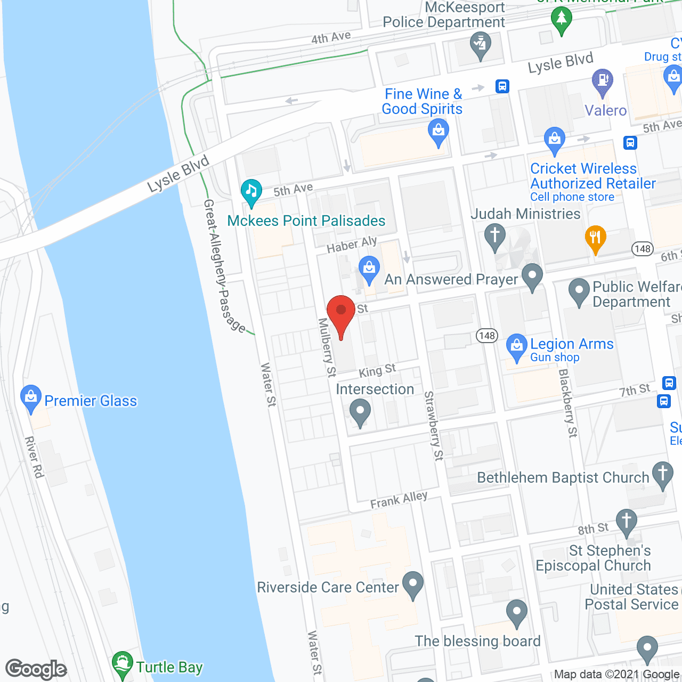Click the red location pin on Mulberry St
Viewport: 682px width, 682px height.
point(341,314)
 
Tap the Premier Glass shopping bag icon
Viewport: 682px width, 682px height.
point(31,398)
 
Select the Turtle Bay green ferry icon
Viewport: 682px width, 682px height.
point(123,664)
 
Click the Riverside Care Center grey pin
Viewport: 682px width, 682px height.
point(413,584)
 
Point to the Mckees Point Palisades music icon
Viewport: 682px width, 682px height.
point(251,192)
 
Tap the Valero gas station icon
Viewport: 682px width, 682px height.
point(603,82)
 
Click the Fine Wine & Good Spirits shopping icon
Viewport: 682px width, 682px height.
point(439,132)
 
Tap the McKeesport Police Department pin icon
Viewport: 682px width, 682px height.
point(481,45)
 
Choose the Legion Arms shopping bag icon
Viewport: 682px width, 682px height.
point(516,346)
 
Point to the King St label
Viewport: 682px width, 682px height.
point(377,370)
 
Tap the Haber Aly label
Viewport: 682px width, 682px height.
point(352,245)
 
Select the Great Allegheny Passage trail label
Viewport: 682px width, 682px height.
point(224,266)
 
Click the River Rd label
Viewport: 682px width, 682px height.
point(34,457)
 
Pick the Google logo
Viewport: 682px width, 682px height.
point(36,669)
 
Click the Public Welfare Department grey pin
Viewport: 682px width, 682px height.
point(579,291)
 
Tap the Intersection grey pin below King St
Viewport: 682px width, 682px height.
point(360,412)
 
